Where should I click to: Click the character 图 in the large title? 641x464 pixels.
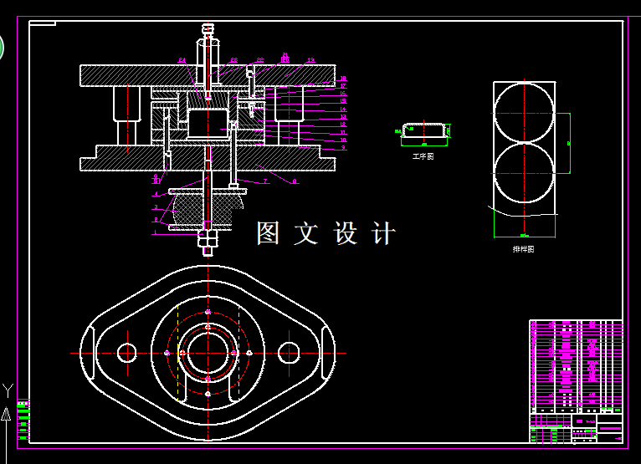click(x=268, y=233)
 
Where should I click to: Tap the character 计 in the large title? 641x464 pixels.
click(x=382, y=233)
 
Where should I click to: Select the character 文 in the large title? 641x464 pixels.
click(x=306, y=233)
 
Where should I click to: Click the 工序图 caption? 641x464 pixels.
click(x=423, y=156)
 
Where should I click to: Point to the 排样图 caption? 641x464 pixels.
click(x=524, y=249)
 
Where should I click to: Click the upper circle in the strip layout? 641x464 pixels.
click(x=524, y=113)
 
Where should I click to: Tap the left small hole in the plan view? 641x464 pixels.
click(x=127, y=353)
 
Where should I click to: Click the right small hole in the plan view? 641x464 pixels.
click(x=289, y=353)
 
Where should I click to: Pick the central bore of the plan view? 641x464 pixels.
click(x=208, y=353)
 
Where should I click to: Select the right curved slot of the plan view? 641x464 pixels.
click(x=327, y=353)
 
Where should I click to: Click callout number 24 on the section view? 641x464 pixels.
click(x=182, y=60)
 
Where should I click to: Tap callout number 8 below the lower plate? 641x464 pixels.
click(x=295, y=181)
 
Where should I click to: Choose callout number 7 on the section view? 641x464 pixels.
click(x=265, y=181)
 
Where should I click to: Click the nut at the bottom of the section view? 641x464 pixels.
click(x=208, y=238)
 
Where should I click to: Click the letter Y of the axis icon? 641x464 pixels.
click(x=8, y=389)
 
